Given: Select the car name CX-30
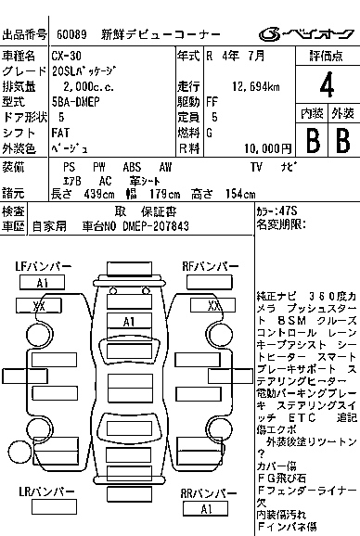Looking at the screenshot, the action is [67, 57].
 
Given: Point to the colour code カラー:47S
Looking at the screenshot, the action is [276, 211].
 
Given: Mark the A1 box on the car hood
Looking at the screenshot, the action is [130, 321].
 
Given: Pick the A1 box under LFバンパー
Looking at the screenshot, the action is [42, 283].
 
